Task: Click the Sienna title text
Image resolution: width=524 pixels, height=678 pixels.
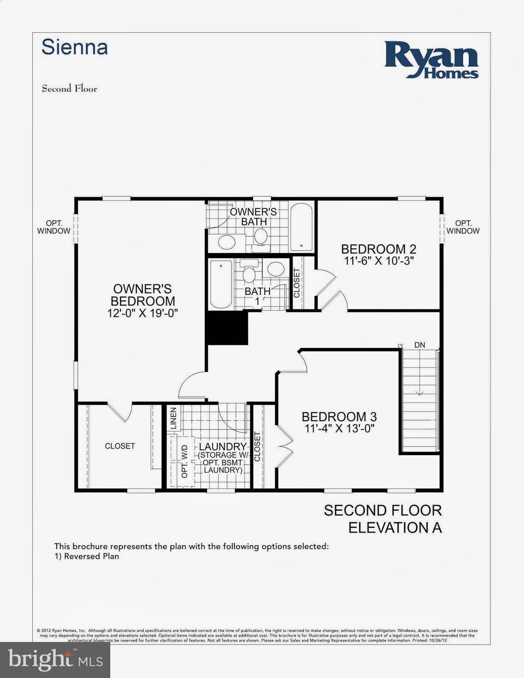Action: click(x=75, y=47)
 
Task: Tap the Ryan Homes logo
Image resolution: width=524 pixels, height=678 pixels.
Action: click(x=431, y=60)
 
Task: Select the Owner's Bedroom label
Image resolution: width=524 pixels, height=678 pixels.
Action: click(x=142, y=295)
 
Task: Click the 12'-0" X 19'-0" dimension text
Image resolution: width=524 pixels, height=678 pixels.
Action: click(x=142, y=313)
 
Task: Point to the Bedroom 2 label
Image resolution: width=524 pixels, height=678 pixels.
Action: click(x=378, y=249)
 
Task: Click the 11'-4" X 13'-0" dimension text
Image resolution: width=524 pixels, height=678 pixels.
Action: click(x=339, y=428)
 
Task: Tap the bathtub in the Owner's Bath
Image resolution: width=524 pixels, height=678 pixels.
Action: click(x=302, y=227)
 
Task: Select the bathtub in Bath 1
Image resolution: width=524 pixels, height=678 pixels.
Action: click(x=221, y=284)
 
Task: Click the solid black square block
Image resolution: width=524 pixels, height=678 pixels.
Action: click(x=227, y=328)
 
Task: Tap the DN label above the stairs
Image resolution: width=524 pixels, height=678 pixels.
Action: click(x=419, y=345)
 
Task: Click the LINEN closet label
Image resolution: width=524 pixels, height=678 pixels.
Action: click(x=173, y=418)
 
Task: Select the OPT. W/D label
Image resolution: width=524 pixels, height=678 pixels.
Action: click(x=185, y=461)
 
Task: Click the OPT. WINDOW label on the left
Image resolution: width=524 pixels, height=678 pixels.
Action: click(x=53, y=227)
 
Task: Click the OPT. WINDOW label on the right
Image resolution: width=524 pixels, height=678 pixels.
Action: click(x=463, y=227)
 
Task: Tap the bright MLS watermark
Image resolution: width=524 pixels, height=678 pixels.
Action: click(x=55, y=659)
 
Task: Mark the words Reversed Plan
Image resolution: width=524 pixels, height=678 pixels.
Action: click(x=91, y=556)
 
